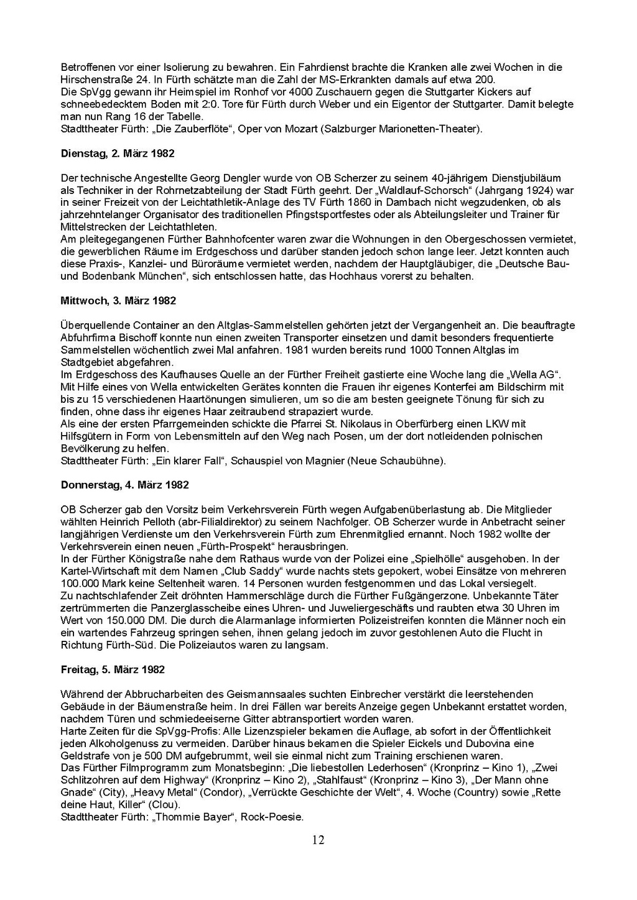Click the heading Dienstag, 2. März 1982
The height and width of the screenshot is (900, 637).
pyautogui.click(x=118, y=154)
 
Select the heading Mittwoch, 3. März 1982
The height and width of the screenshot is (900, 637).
pyautogui.click(x=118, y=301)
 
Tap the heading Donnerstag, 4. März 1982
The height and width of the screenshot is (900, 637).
pyautogui.click(x=125, y=485)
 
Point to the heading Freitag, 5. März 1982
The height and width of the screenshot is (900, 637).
pyautogui.click(x=113, y=669)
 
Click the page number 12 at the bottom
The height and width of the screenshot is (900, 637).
pyautogui.click(x=318, y=840)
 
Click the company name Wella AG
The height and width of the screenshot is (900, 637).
pyautogui.click(x=536, y=375)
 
